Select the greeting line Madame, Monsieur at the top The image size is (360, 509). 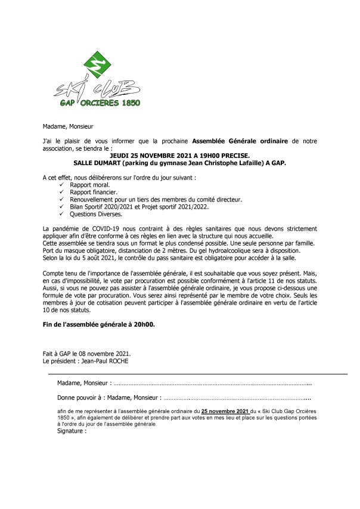68,126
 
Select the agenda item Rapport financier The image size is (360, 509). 94,192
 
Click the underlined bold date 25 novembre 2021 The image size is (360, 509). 225,411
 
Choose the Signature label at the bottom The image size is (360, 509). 69,430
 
